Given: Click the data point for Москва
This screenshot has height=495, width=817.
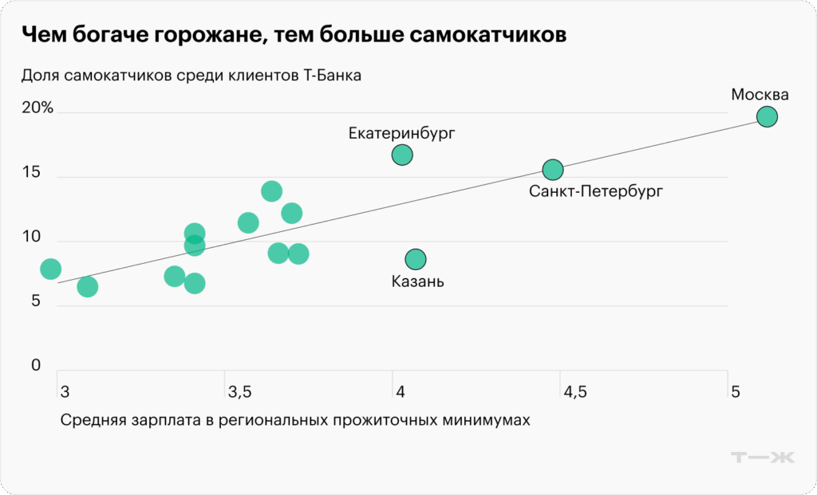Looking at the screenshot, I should (767, 116).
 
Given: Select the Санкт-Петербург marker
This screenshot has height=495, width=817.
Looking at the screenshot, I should (553, 170).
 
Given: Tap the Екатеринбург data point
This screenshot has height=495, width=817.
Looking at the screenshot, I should (402, 155).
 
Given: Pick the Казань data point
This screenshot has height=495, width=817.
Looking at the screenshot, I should (416, 259).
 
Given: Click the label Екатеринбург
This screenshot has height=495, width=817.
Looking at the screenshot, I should (402, 133).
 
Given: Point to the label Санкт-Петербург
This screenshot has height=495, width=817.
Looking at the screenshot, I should (595, 191).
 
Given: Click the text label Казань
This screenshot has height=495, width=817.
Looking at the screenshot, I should (418, 281).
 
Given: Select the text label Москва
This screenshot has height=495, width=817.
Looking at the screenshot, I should (760, 95).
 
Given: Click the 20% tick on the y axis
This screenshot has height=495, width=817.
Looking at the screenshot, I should (37, 108).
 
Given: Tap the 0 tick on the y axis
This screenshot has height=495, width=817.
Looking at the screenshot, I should (35, 366).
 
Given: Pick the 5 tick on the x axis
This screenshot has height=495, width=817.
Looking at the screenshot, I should (736, 391).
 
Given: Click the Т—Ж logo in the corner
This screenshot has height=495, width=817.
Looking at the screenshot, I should (763, 458).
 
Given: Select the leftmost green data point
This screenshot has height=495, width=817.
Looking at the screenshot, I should (50, 269).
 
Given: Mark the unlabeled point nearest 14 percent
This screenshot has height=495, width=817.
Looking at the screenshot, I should (272, 191).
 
